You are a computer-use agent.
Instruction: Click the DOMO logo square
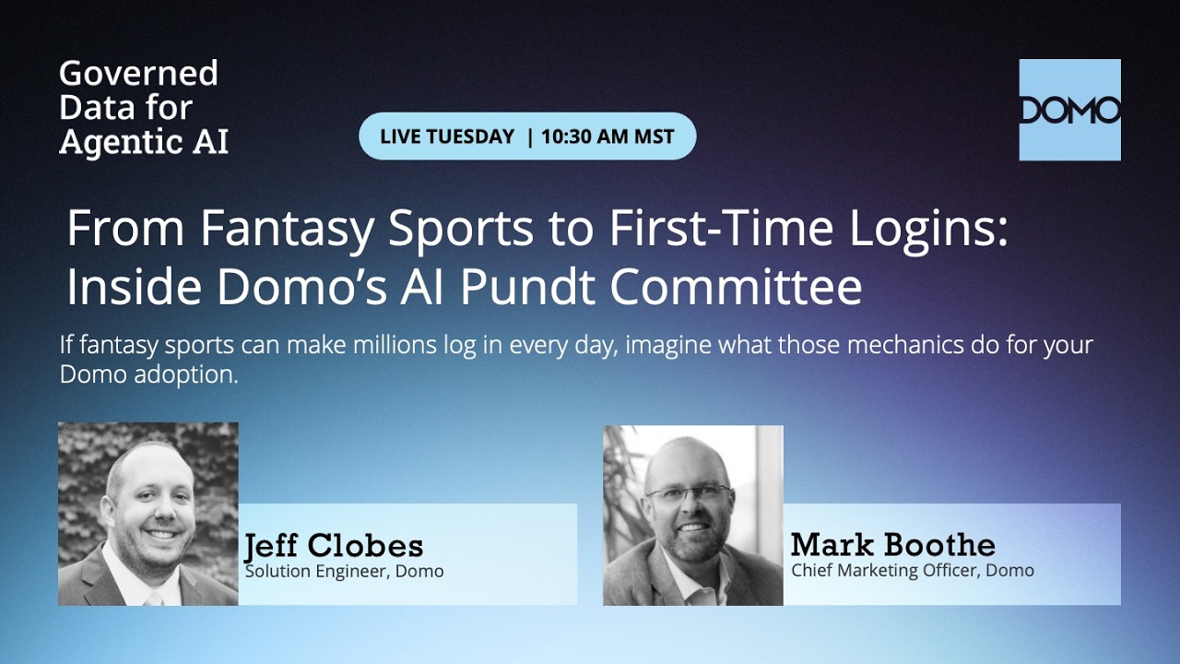pos(1070,110)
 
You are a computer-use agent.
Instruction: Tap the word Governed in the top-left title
pos(138,73)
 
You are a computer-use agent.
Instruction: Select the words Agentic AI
pos(144,142)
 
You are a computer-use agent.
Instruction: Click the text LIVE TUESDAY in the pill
pos(447,136)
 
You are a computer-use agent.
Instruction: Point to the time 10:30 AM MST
pos(608,136)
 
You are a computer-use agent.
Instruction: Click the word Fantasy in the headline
pos(288,228)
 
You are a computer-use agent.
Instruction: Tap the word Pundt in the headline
pos(529,287)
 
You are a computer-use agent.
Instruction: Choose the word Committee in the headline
pos(736,287)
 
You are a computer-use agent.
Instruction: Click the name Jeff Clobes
pos(334,545)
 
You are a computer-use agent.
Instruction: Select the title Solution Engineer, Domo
pos(345,571)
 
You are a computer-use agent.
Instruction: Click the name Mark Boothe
pos(893,544)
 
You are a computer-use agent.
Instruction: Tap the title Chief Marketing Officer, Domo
pos(913,571)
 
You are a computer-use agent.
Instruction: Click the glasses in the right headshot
pos(689,493)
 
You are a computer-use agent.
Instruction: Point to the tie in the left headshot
pos(153,599)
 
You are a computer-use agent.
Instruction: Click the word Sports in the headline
pos(461,230)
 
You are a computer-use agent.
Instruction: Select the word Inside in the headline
pos(134,287)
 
